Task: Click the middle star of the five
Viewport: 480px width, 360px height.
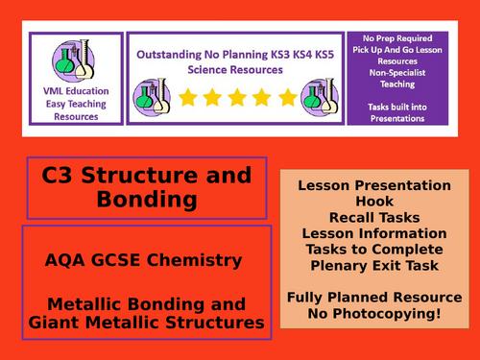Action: pyautogui.click(x=236, y=97)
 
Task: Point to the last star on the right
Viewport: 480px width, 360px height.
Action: pyautogui.click(x=287, y=97)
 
